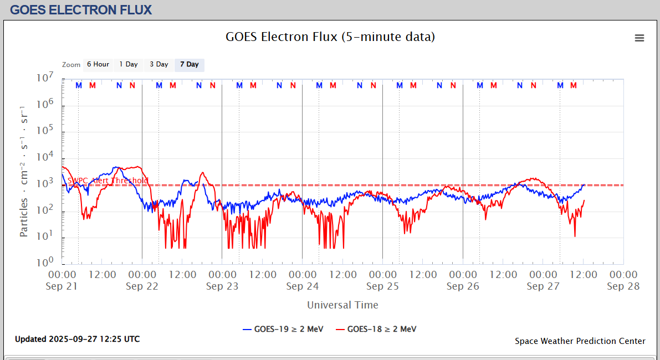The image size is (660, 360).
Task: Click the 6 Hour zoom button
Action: click(98, 65)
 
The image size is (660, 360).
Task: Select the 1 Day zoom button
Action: click(129, 65)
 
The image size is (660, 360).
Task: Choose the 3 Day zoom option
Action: click(158, 65)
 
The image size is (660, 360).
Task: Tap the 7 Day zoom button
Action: click(189, 65)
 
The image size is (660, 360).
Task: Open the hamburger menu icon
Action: click(639, 38)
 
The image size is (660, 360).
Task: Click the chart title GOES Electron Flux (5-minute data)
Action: click(330, 37)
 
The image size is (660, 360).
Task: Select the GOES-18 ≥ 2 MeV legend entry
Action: click(376, 329)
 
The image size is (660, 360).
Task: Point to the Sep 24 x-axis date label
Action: click(303, 286)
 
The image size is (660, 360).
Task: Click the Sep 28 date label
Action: click(623, 286)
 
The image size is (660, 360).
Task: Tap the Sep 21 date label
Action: click(63, 286)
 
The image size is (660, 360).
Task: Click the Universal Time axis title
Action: click(342, 305)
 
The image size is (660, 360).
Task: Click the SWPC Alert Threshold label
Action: click(108, 181)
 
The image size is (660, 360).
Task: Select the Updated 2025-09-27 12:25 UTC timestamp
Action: click(77, 339)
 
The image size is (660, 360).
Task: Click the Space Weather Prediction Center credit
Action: click(580, 341)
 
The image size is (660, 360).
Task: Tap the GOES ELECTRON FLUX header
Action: click(81, 9)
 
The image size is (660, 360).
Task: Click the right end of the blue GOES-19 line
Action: click(584, 184)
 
